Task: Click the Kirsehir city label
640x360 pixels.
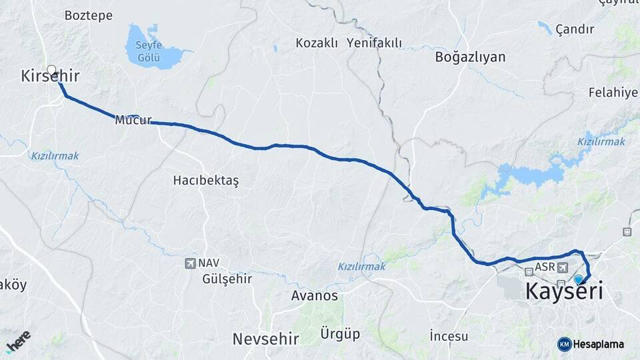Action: tap(50, 77)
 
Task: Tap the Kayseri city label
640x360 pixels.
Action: tap(564, 291)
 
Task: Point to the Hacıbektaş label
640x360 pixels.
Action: tap(205, 180)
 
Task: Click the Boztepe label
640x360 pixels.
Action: tap(89, 15)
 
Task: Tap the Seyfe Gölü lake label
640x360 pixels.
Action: tap(149, 51)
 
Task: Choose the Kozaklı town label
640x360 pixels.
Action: tap(317, 43)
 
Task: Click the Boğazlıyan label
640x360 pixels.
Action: tap(470, 57)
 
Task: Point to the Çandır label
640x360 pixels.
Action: tap(574, 29)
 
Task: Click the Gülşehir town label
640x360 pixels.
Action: tap(227, 279)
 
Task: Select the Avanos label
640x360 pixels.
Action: tap(315, 295)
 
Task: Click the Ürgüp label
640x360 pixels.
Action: tap(340, 333)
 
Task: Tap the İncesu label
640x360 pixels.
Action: tap(449, 335)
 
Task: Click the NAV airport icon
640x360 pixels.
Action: tap(191, 263)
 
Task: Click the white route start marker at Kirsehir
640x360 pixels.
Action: tap(51, 69)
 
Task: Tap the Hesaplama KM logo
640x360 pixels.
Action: tap(565, 344)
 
